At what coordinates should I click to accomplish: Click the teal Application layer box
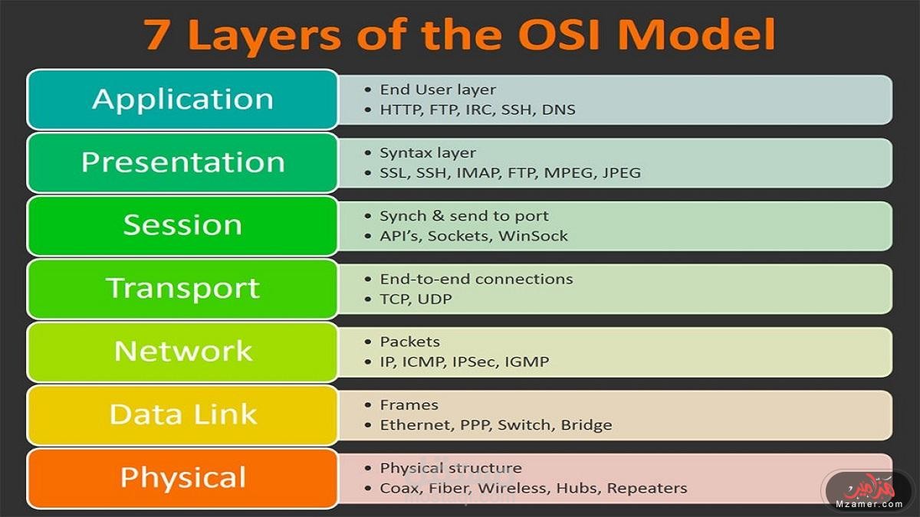tap(182, 100)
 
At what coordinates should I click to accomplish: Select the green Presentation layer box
tap(182, 162)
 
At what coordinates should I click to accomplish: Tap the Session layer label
tap(182, 225)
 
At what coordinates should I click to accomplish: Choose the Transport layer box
tap(182, 288)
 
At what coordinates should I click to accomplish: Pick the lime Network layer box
tap(182, 352)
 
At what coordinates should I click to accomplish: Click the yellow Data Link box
tap(182, 414)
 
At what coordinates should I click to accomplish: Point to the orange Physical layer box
tap(182, 478)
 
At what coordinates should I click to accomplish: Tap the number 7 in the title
tap(159, 35)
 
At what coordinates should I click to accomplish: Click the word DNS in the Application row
tap(558, 110)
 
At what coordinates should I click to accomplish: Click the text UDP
tap(435, 299)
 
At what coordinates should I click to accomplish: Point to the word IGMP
tap(527, 362)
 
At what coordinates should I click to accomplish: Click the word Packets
tap(410, 342)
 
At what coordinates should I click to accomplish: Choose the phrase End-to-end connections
tap(476, 279)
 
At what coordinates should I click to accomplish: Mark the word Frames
tap(409, 405)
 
